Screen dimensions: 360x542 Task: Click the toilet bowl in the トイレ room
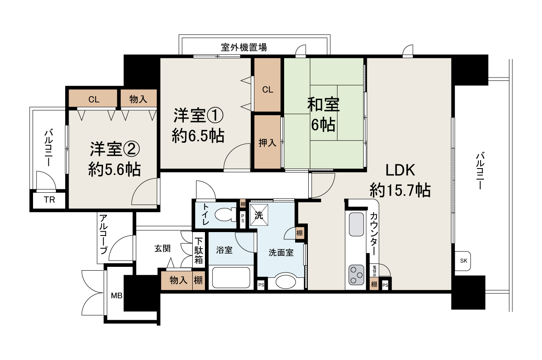tap(225, 216)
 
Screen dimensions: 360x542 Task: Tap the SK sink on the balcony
tap(463, 261)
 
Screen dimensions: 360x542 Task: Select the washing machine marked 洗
tap(257, 214)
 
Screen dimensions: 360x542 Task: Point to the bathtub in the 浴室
tap(231, 277)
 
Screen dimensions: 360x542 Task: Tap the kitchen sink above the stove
tap(356, 224)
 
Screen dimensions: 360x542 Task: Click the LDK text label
tap(400, 170)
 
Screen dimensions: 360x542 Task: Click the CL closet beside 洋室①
tap(267, 89)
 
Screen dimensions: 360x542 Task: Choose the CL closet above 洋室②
tap(94, 100)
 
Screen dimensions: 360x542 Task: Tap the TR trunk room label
tap(50, 200)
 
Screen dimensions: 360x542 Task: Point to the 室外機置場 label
tap(244, 47)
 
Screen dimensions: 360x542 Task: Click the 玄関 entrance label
tap(162, 249)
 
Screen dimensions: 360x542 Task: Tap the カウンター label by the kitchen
tap(374, 233)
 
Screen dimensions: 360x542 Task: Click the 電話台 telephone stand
tap(374, 271)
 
